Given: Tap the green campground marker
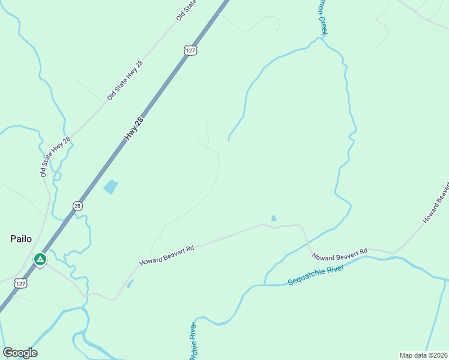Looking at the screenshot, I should (40, 260).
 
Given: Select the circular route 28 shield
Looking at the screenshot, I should (77, 206).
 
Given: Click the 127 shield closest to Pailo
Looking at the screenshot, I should (21, 283).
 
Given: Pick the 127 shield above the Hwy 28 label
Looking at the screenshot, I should (190, 50).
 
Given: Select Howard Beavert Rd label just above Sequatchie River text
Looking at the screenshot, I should (339, 254).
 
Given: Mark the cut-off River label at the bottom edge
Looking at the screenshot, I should (193, 343).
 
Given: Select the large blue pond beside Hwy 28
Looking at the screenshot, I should (110, 187).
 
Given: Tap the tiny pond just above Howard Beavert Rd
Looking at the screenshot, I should (274, 218).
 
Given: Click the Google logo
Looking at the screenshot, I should (20, 353).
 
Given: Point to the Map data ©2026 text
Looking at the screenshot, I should (423, 355).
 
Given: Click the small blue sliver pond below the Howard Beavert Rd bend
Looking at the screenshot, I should (130, 283).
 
